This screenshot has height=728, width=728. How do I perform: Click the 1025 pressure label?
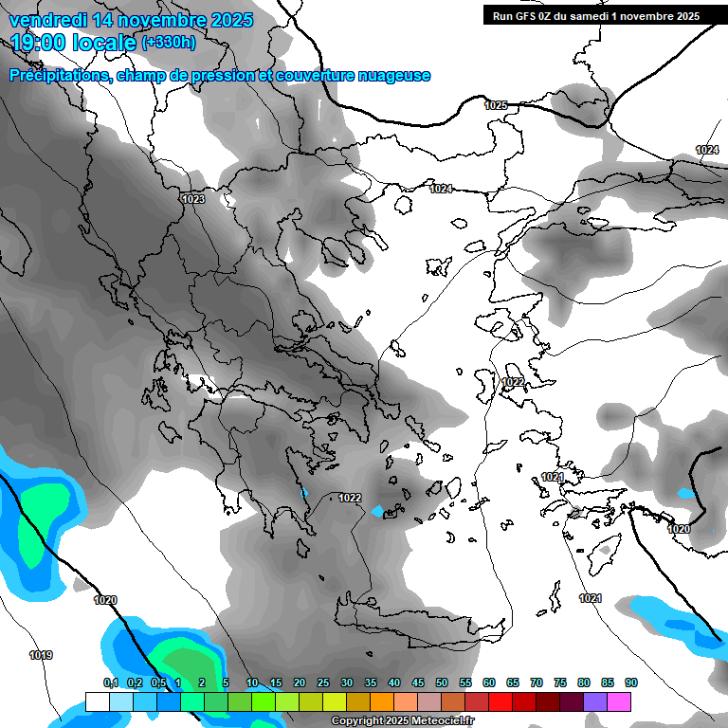tap(496, 105)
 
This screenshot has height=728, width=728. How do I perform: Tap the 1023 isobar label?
tap(193, 199)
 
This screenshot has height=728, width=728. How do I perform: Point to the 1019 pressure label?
tap(41, 655)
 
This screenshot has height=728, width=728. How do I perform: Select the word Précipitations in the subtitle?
tap(57, 76)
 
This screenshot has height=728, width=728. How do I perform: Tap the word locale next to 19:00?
tap(106, 42)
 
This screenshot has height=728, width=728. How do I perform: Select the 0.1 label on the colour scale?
tap(110, 682)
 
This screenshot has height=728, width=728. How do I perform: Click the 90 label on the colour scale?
tap(631, 682)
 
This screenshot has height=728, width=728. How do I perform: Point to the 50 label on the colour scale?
tap(442, 682)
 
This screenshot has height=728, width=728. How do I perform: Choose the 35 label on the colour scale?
tap(371, 682)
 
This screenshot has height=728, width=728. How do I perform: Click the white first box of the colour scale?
tap(98, 701)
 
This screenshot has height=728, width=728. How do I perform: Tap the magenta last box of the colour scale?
tap(619, 701)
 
